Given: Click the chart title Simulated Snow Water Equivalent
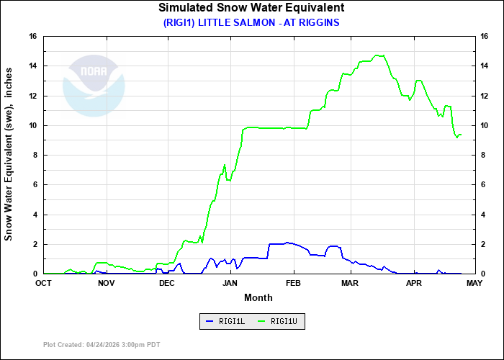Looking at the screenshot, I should coord(251,8).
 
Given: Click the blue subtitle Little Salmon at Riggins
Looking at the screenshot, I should coord(251,22).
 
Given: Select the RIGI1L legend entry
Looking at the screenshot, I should coord(226,321).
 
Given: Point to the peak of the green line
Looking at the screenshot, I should coord(378,55).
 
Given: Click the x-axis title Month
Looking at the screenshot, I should coord(258,297).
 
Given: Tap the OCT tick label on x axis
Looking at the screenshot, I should coord(44,283).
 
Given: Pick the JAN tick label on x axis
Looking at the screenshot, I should coord(230,283).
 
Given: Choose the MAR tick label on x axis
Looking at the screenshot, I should coord(350,283).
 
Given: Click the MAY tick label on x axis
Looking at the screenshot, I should coord(474,283).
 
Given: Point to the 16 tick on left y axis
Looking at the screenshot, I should coord(33,37).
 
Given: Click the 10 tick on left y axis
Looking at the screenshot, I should coord(33,125).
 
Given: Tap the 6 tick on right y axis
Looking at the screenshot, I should coord(484,185).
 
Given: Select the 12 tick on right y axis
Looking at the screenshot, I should coord(486,96).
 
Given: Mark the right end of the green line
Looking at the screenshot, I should coord(461,135).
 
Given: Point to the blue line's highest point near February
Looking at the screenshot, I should coord(287,243).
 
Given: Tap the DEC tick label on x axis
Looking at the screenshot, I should coord(167,283).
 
